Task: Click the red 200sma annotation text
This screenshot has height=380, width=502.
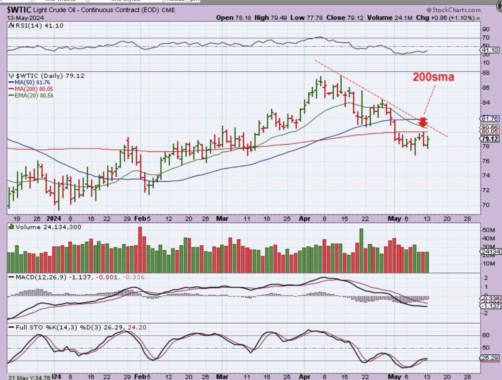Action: pos(433,77)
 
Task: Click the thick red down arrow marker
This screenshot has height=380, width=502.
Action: pos(423,122)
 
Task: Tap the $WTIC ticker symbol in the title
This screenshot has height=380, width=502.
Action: pos(19,10)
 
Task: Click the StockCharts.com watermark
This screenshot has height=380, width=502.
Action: pos(453,10)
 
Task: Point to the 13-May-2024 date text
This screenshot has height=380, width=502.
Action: pos(25,18)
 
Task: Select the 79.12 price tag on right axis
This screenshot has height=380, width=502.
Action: pos(490,139)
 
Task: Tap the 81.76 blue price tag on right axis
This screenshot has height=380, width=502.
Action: pos(490,119)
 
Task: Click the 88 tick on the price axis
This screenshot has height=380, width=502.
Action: pos(486,73)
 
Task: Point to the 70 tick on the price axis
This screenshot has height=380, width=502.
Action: pos(486,205)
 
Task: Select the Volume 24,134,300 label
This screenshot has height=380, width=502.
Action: pos(48,227)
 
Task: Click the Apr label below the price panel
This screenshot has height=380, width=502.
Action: pos(305,219)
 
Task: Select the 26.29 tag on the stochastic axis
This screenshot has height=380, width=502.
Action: pos(490,358)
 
